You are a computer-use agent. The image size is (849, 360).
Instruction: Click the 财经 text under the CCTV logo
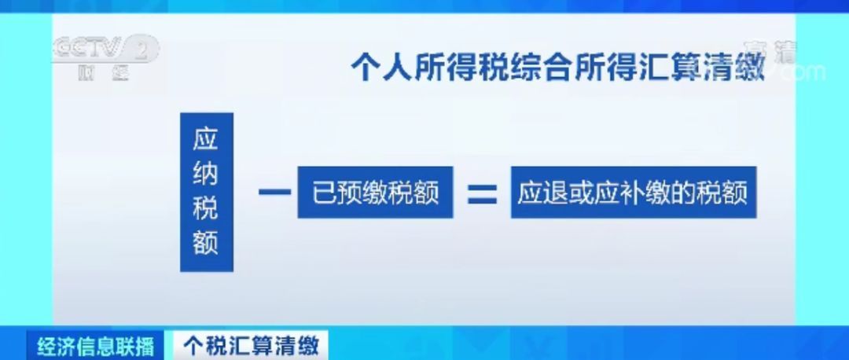click(103, 76)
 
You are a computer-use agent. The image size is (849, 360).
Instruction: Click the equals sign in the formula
click(482, 192)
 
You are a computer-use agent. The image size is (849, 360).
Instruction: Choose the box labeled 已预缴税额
click(375, 192)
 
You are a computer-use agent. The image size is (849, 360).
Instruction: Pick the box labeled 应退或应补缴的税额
click(633, 192)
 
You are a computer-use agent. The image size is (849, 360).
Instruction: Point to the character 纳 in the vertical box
click(206, 174)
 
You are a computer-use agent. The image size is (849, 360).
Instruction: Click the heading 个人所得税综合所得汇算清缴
click(557, 67)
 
